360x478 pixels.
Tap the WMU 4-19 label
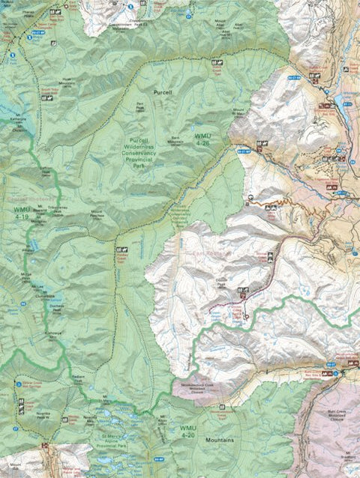tap(22, 213)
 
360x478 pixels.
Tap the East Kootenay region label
tap(205, 255)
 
